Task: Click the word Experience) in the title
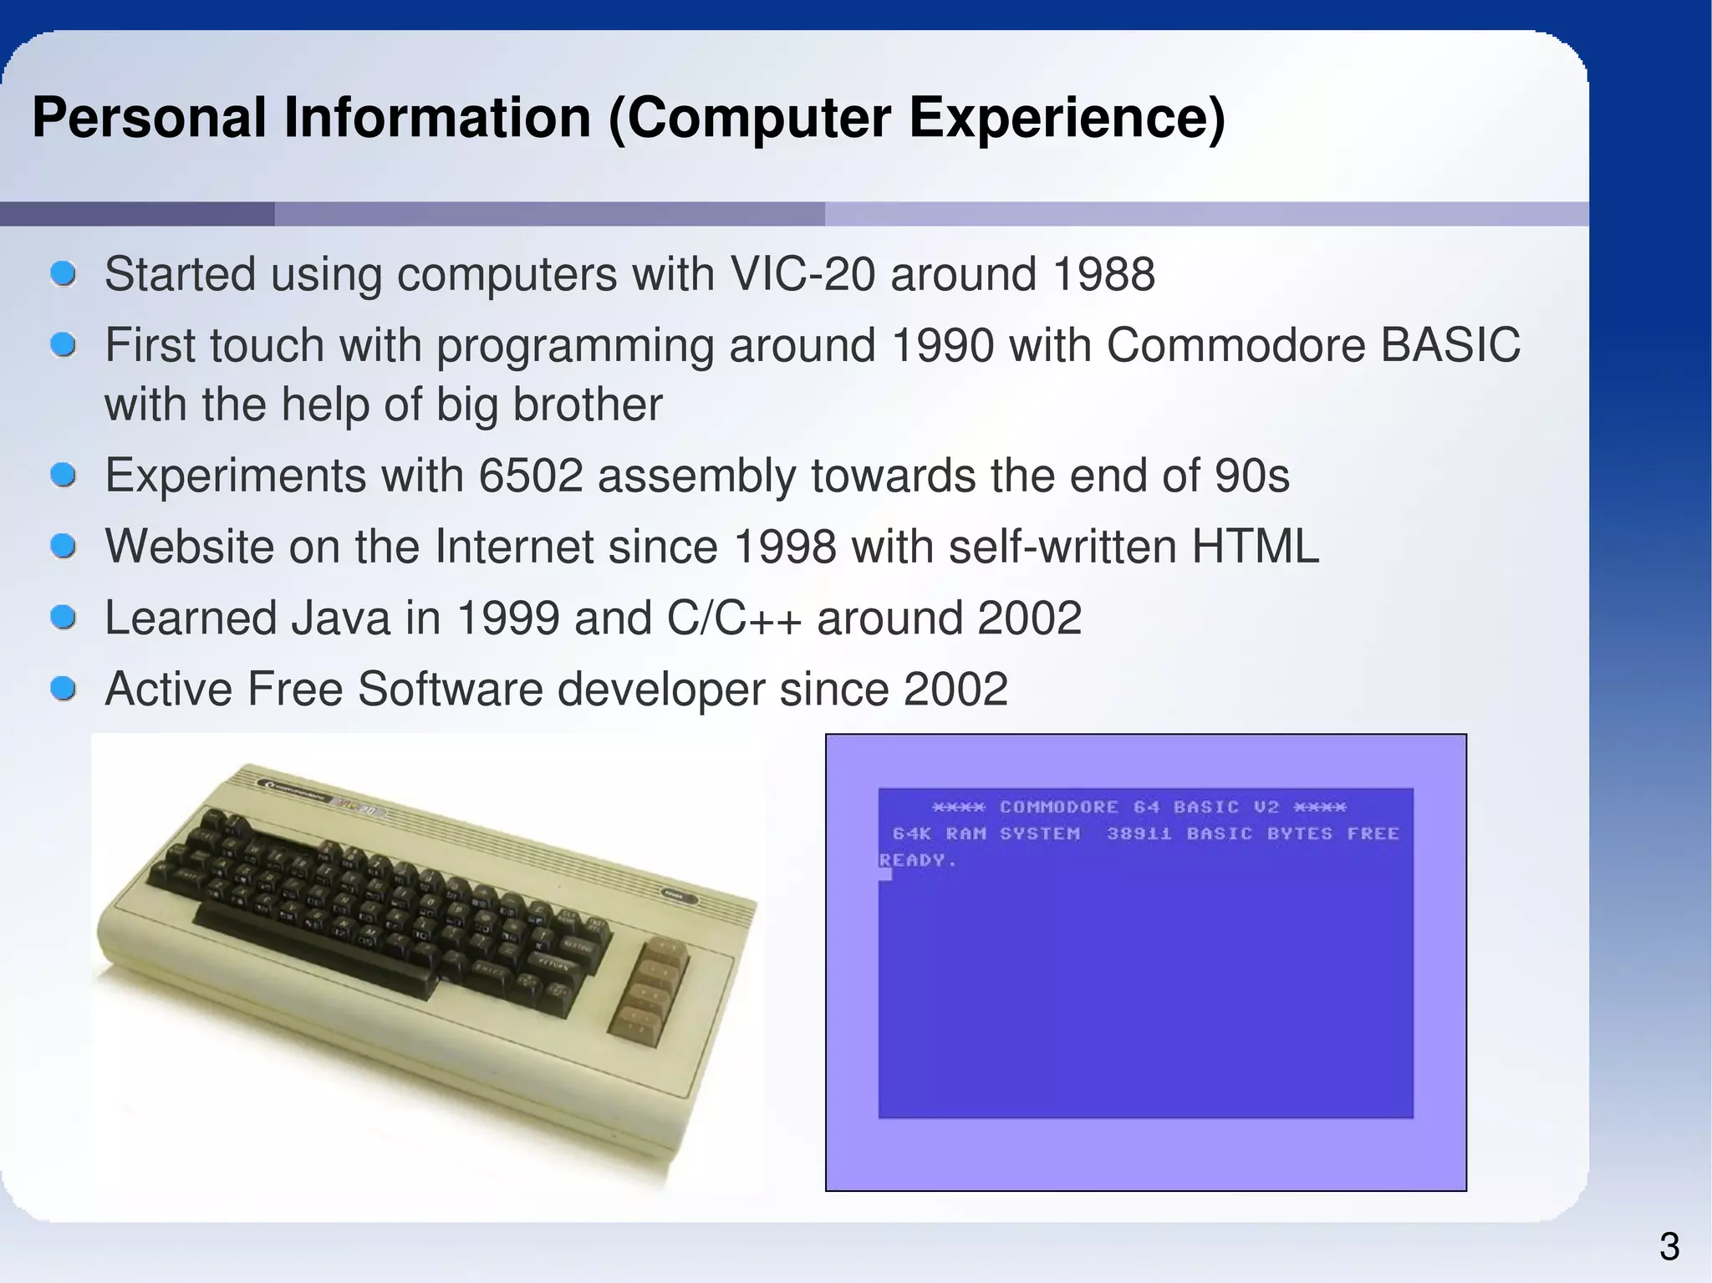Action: (x=1067, y=119)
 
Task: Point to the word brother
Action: (x=587, y=405)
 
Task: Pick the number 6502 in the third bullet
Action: (x=530, y=476)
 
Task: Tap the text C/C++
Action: (x=734, y=619)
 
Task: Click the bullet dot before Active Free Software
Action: (x=64, y=690)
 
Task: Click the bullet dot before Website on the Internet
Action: (x=64, y=547)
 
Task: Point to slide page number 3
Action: (x=1669, y=1247)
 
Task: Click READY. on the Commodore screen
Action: (x=917, y=860)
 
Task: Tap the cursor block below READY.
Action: (x=885, y=874)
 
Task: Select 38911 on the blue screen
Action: (x=1139, y=833)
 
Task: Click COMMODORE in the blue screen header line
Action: (x=1058, y=807)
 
